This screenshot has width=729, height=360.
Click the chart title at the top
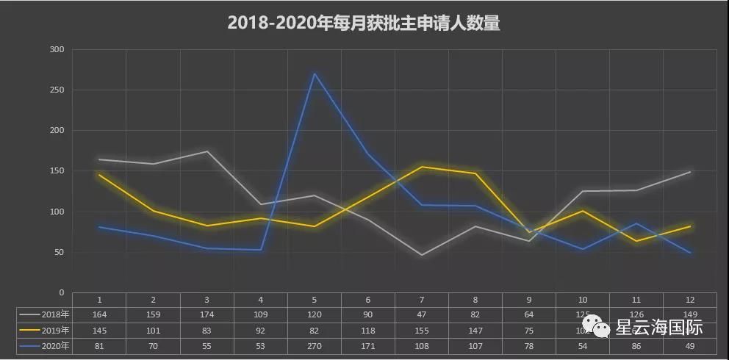point(364,24)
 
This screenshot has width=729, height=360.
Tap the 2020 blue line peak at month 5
point(315,73)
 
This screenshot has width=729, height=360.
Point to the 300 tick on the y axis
point(57,49)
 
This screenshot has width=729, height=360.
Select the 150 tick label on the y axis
point(57,171)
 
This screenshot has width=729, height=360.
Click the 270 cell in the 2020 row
point(315,345)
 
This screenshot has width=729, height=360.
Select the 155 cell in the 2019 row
point(422,330)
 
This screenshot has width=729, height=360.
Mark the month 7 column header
point(422,300)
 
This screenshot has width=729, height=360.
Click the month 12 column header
point(689,300)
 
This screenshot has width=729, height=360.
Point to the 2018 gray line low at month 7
point(422,255)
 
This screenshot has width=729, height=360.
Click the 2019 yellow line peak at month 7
point(422,167)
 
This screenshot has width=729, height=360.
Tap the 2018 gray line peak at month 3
point(207,151)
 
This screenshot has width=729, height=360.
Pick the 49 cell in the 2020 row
point(689,345)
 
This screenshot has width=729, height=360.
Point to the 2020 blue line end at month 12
point(689,253)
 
